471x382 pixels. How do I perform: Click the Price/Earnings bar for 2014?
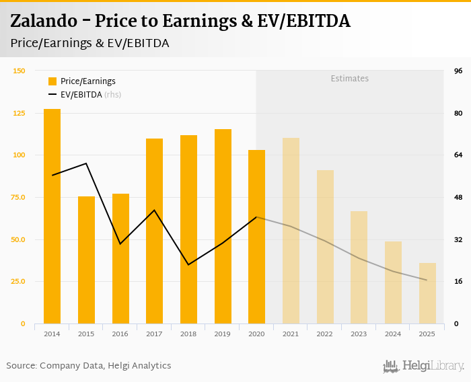[52, 216]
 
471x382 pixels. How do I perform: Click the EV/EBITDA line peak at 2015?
[86, 163]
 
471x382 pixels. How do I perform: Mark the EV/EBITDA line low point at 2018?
[188, 264]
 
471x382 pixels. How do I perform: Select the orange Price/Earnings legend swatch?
[52, 81]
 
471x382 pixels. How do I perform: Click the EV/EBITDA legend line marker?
[52, 95]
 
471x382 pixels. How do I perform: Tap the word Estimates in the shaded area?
[349, 79]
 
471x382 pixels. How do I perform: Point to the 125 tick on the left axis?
[19, 113]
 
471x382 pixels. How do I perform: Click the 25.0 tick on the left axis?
[18, 281]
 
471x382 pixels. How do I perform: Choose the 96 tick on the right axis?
[458, 71]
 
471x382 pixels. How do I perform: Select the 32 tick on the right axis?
[458, 239]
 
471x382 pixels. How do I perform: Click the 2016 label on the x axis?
[120, 334]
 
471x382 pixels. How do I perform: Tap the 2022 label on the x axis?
[324, 334]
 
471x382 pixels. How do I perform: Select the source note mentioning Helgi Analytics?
[89, 366]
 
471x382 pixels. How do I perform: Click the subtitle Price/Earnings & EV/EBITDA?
[89, 43]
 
